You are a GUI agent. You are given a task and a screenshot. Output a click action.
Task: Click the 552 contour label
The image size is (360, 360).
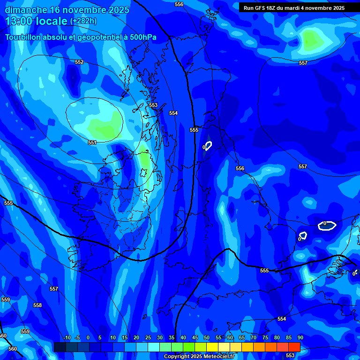79,62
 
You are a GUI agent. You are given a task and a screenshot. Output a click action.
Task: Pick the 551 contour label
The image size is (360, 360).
92,142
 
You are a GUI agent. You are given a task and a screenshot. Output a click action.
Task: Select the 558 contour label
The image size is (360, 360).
37,305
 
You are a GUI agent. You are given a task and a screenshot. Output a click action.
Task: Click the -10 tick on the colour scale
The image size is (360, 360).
67,338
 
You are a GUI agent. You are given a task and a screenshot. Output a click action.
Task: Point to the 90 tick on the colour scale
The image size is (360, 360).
300,338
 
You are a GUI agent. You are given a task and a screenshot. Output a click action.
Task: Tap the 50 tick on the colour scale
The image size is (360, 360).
207,338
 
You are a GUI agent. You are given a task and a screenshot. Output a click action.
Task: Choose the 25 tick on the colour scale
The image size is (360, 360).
148,338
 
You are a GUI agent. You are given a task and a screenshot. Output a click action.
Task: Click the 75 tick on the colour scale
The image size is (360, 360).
265,338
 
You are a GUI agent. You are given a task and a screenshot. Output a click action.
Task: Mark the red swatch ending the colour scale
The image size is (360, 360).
294,347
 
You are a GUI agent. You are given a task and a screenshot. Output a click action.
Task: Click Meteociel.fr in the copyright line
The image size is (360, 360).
218,357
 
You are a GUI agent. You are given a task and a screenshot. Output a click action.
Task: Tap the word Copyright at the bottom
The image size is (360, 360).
177,357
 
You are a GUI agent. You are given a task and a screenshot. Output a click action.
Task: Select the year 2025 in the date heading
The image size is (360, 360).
119,10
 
